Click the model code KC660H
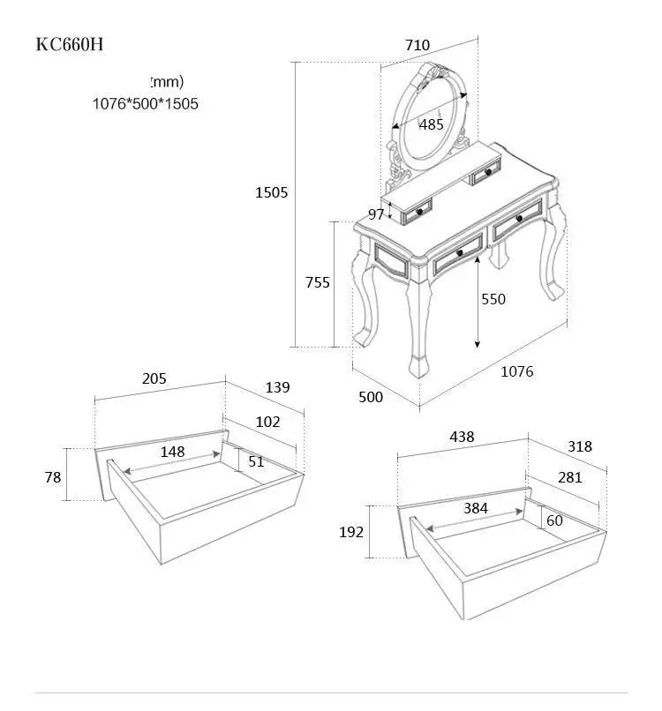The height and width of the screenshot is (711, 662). [x=70, y=44]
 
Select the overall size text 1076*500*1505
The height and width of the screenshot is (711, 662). [x=145, y=103]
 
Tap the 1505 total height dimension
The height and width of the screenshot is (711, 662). [x=271, y=192]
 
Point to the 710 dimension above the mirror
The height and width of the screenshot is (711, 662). [x=418, y=45]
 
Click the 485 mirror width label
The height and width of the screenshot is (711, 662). [x=431, y=124]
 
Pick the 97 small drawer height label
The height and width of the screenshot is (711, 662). [x=376, y=214]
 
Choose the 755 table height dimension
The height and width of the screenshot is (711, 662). [x=318, y=282]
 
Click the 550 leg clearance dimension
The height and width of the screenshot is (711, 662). [x=493, y=299]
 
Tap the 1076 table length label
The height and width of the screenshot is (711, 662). [x=517, y=371]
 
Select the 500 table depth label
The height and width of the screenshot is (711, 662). [x=371, y=397]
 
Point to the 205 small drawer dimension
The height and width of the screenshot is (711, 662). [x=154, y=378]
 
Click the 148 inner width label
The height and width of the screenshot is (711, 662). [x=172, y=452]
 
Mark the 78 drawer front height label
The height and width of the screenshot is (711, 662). [x=53, y=477]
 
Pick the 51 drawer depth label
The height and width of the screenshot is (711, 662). [x=256, y=461]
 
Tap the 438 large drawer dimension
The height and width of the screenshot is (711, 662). [x=462, y=437]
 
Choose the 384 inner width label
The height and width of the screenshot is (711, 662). [x=476, y=508]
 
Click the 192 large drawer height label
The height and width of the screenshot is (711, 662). [x=351, y=532]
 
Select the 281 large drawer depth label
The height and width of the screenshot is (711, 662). [x=570, y=477]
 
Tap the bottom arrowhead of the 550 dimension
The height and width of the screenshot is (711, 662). [x=477, y=344]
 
